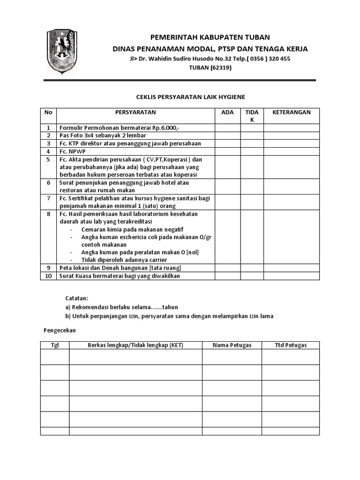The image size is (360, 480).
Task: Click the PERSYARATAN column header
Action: click(135, 112)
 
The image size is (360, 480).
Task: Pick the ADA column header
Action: click(227, 112)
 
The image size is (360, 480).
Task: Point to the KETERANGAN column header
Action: click(291, 112)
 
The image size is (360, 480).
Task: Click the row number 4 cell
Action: click(48, 151)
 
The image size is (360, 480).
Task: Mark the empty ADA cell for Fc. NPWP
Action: click(227, 151)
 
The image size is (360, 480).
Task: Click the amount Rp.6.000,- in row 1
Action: click(170, 128)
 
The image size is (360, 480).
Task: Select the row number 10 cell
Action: click(48, 276)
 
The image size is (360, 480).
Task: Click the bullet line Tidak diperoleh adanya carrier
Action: click(124, 260)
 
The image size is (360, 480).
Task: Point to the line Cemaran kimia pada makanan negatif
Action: click(132, 229)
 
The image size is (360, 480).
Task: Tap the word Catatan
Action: click(76, 298)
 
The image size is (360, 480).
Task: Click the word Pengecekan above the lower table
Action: click(60, 330)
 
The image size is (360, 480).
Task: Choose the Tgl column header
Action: click(55, 345)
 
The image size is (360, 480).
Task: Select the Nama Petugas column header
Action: click(232, 345)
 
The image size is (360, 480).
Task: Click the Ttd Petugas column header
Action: click(290, 345)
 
